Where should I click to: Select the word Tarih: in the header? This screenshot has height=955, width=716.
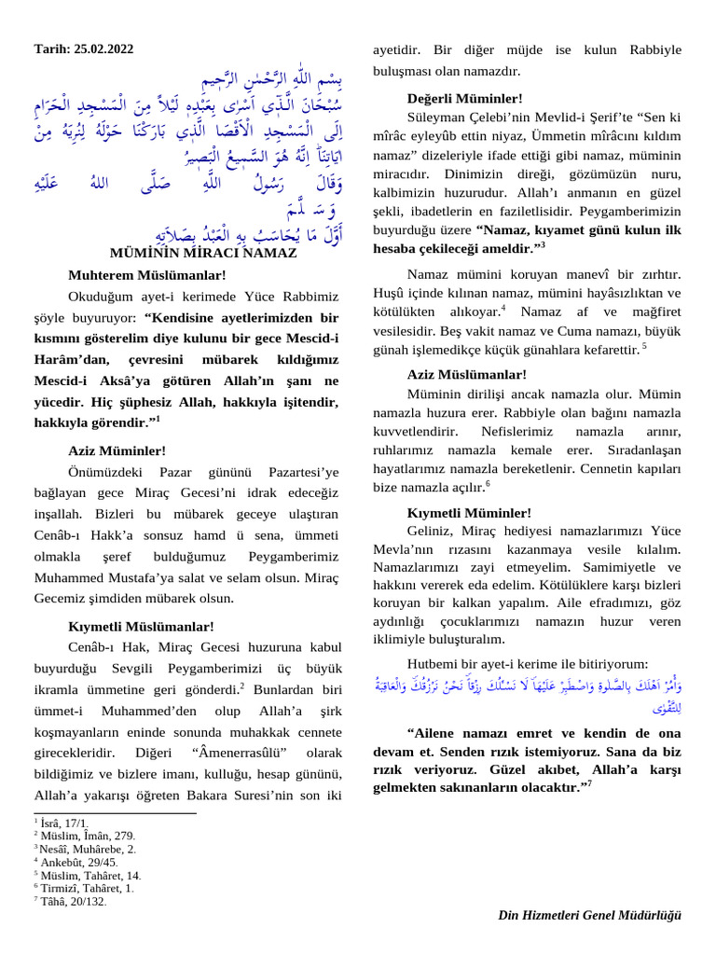[51, 48]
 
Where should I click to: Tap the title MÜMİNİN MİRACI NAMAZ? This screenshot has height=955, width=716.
[203, 253]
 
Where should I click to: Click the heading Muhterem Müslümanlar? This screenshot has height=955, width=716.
[146, 275]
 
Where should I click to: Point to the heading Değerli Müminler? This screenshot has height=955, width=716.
[465, 98]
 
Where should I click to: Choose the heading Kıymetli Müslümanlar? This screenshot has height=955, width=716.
[141, 626]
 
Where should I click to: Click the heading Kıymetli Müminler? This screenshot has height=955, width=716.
[470, 513]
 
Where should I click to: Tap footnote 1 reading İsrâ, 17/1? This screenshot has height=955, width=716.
[64, 824]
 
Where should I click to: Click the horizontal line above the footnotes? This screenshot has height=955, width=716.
[115, 813]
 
